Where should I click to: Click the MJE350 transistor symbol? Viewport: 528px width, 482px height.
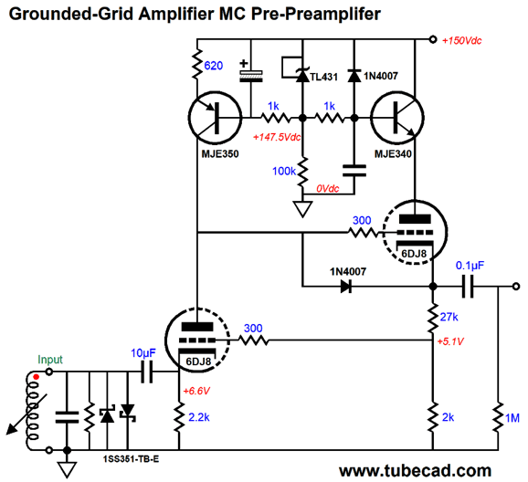pos(215,118)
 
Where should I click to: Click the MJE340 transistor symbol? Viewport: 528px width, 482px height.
pos(397,118)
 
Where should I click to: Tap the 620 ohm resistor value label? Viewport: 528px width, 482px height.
pos(214,66)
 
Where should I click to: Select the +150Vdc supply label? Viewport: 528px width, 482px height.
pos(461,40)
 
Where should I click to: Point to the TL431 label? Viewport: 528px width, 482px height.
pos(323,77)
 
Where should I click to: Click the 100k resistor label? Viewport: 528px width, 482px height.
pos(283,172)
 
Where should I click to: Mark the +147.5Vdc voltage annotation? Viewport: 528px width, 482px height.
pos(277,137)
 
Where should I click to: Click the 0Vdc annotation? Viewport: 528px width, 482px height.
pos(328,188)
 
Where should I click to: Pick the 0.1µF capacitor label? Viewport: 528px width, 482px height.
pos(470,266)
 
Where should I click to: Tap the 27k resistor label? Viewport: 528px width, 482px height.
pos(449,317)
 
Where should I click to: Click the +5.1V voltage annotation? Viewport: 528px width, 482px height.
pos(450,341)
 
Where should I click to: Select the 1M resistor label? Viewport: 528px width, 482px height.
pos(512,418)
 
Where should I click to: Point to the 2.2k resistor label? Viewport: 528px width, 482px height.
pos(198,417)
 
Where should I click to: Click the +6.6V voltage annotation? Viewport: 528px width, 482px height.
pos(196,391)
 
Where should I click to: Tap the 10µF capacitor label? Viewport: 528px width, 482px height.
pos(143,353)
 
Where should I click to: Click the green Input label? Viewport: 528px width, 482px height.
pos(50,360)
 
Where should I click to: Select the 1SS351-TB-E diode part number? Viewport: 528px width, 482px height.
pos(131,459)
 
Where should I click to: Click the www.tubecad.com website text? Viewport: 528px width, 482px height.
pos(415,470)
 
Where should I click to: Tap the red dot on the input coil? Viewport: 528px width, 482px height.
pos(36,377)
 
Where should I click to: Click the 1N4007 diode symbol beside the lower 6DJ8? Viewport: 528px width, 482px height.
pos(346,287)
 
